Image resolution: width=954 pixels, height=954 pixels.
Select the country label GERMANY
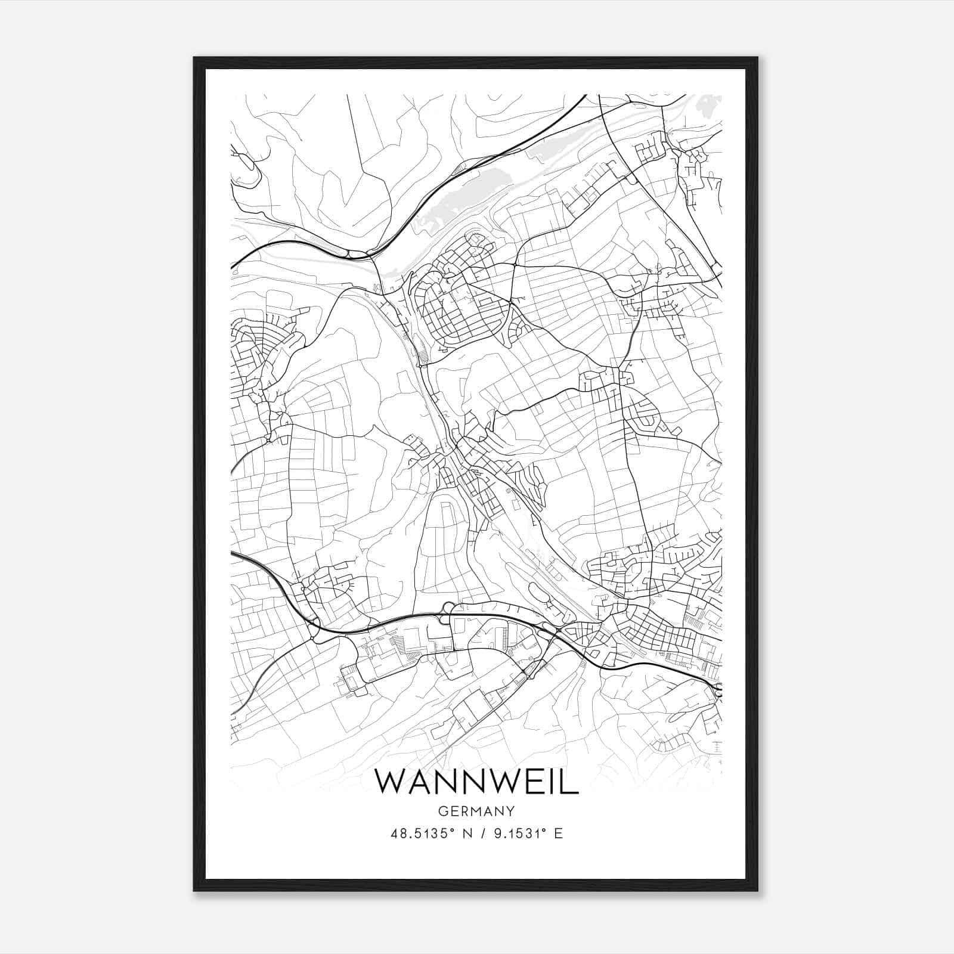tap(476, 811)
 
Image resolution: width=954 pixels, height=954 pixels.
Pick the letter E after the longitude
tap(558, 834)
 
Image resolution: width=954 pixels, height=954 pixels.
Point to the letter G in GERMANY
tap(442, 811)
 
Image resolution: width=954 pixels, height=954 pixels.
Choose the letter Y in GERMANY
tap(510, 811)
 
